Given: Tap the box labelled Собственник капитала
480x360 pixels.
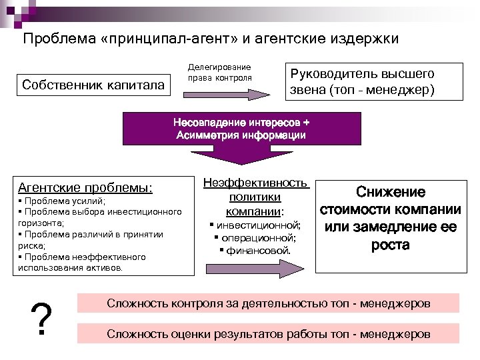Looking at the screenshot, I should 93,85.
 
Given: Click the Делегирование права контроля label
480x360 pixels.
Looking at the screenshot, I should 219,72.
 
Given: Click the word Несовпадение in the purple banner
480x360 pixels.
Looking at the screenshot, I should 207,123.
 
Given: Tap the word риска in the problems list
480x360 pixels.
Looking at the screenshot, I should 29,245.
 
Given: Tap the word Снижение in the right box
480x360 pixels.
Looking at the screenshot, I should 391,192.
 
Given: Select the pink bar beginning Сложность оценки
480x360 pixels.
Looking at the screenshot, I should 269,333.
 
